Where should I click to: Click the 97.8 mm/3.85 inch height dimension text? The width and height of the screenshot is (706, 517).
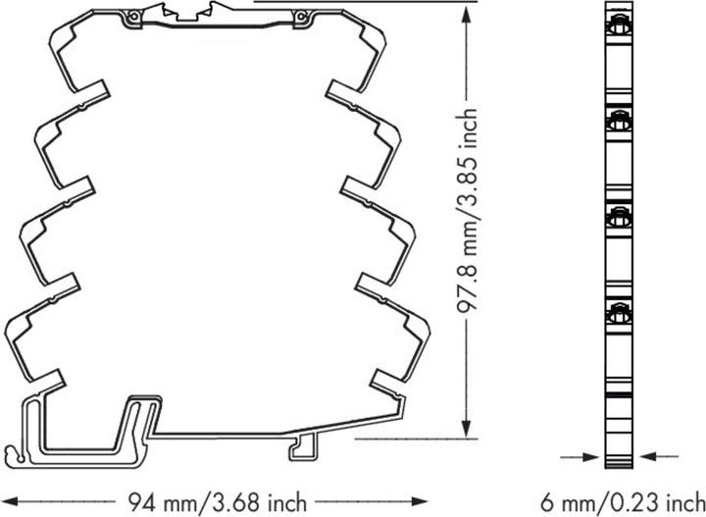[468, 210]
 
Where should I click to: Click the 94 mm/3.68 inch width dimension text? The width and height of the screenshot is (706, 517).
[218, 501]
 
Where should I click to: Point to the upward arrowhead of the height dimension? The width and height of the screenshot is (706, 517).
[467, 15]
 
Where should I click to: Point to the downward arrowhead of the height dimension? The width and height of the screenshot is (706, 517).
[467, 427]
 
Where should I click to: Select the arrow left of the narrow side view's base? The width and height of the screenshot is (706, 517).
[580, 457]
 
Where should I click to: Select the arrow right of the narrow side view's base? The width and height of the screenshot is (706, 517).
[659, 456]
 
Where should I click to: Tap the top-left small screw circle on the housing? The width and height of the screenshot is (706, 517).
[132, 17]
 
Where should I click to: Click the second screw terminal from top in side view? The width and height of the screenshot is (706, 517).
[619, 120]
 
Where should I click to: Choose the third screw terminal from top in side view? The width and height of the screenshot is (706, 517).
[619, 217]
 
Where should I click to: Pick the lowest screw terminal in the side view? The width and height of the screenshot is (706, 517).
[619, 312]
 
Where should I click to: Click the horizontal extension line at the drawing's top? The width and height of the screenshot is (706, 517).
[365, 1]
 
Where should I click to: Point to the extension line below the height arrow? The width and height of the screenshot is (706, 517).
[416, 439]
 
